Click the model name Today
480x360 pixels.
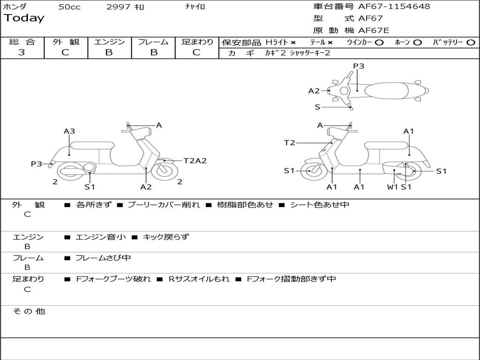(x=24, y=18)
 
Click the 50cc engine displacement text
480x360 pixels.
(x=69, y=7)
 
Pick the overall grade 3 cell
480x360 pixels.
(x=22, y=52)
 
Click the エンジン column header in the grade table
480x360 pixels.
(x=109, y=42)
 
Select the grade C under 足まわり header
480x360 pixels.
(x=196, y=52)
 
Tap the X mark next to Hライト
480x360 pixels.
(x=293, y=43)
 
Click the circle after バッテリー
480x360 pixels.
(x=471, y=43)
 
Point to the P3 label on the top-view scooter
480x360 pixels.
(x=359, y=66)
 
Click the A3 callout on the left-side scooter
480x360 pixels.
(x=69, y=131)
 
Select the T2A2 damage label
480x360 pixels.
(x=195, y=161)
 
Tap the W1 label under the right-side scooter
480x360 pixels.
(x=392, y=187)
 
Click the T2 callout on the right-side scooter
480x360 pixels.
(x=289, y=143)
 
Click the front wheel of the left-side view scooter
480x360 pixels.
(x=161, y=171)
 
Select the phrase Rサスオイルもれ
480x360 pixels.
(x=199, y=279)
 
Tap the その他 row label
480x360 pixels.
(x=29, y=311)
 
